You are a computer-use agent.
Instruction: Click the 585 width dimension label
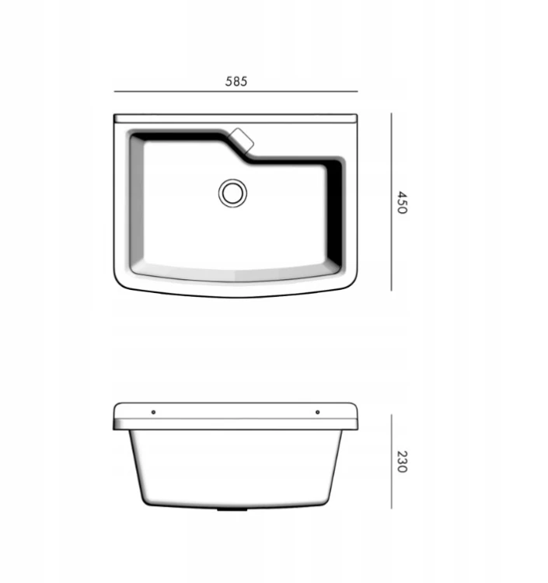[236, 81]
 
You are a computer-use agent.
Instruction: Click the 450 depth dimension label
[403, 202]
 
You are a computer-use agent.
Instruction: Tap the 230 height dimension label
[403, 462]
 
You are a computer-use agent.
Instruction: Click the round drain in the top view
[232, 193]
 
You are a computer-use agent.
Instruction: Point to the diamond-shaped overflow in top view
[242, 141]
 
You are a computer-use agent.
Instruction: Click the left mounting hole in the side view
[154, 412]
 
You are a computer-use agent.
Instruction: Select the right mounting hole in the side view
[317, 412]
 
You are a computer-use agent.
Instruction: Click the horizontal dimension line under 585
[236, 91]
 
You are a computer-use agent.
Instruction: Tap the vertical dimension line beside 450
[391, 202]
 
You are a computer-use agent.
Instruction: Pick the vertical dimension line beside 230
[391, 462]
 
